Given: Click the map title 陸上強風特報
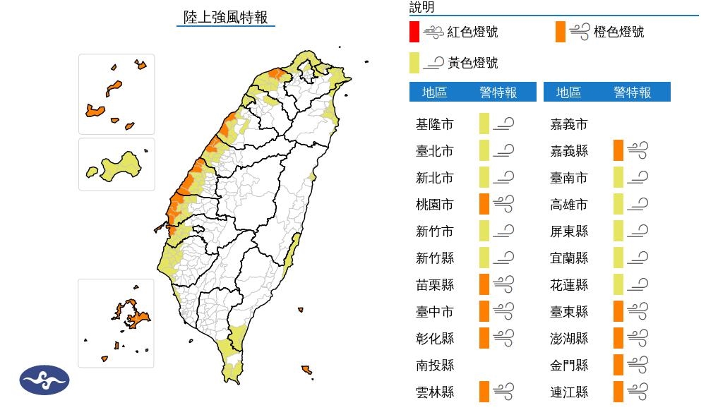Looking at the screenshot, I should tap(225, 18).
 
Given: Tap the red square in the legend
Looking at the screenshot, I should tap(414, 32).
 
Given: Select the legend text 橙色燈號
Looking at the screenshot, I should tap(618, 32).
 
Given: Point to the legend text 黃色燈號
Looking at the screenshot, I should tap(472, 64).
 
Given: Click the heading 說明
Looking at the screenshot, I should tap(422, 8).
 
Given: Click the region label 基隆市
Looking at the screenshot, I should tap(435, 124).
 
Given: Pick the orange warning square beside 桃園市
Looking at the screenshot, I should tap(484, 205).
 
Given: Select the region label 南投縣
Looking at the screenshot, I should tap(435, 366).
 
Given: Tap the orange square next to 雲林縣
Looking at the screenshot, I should tap(484, 392).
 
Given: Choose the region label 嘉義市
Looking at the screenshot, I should tap(568, 124).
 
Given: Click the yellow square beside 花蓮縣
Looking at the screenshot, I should tap(618, 285).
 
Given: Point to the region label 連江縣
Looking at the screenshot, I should tap(568, 392).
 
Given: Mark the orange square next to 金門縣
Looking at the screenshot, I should tap(618, 366).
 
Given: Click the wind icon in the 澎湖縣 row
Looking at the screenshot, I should tap(638, 339).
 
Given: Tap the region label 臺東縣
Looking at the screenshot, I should tap(568, 312).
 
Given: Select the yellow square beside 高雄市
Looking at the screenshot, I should tap(618, 205).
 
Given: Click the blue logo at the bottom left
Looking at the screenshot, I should tap(44, 380).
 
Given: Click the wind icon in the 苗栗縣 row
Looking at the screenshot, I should tap(503, 285).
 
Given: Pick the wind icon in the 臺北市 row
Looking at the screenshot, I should tap(503, 151).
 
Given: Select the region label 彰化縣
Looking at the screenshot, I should tap(435, 339).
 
